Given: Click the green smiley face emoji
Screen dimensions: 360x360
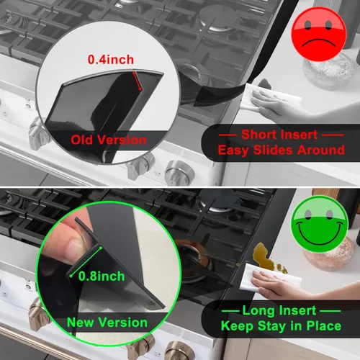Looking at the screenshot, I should coord(319,224).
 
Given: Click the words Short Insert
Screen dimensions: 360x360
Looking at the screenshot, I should coord(282,135).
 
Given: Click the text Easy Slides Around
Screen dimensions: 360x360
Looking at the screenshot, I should coord(281,150).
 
